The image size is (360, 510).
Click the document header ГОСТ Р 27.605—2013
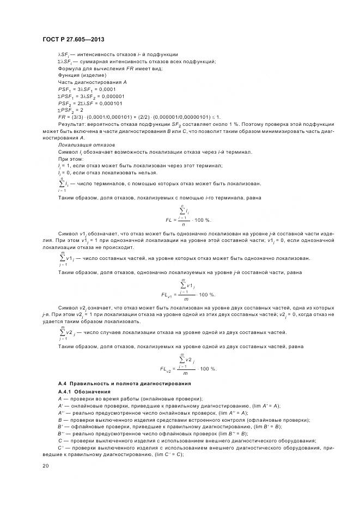coord(73,39)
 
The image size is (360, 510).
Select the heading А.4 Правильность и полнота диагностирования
coord(121,385)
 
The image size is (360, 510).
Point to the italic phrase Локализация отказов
coord(86,145)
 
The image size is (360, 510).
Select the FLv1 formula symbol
coord(167,295)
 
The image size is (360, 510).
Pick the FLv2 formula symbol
coord(166,369)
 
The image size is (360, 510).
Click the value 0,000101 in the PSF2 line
coord(107,103)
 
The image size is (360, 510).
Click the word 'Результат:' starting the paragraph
coord(70,124)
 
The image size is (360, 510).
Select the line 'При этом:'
coord(70,159)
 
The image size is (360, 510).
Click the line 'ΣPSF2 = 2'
coord(74,110)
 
